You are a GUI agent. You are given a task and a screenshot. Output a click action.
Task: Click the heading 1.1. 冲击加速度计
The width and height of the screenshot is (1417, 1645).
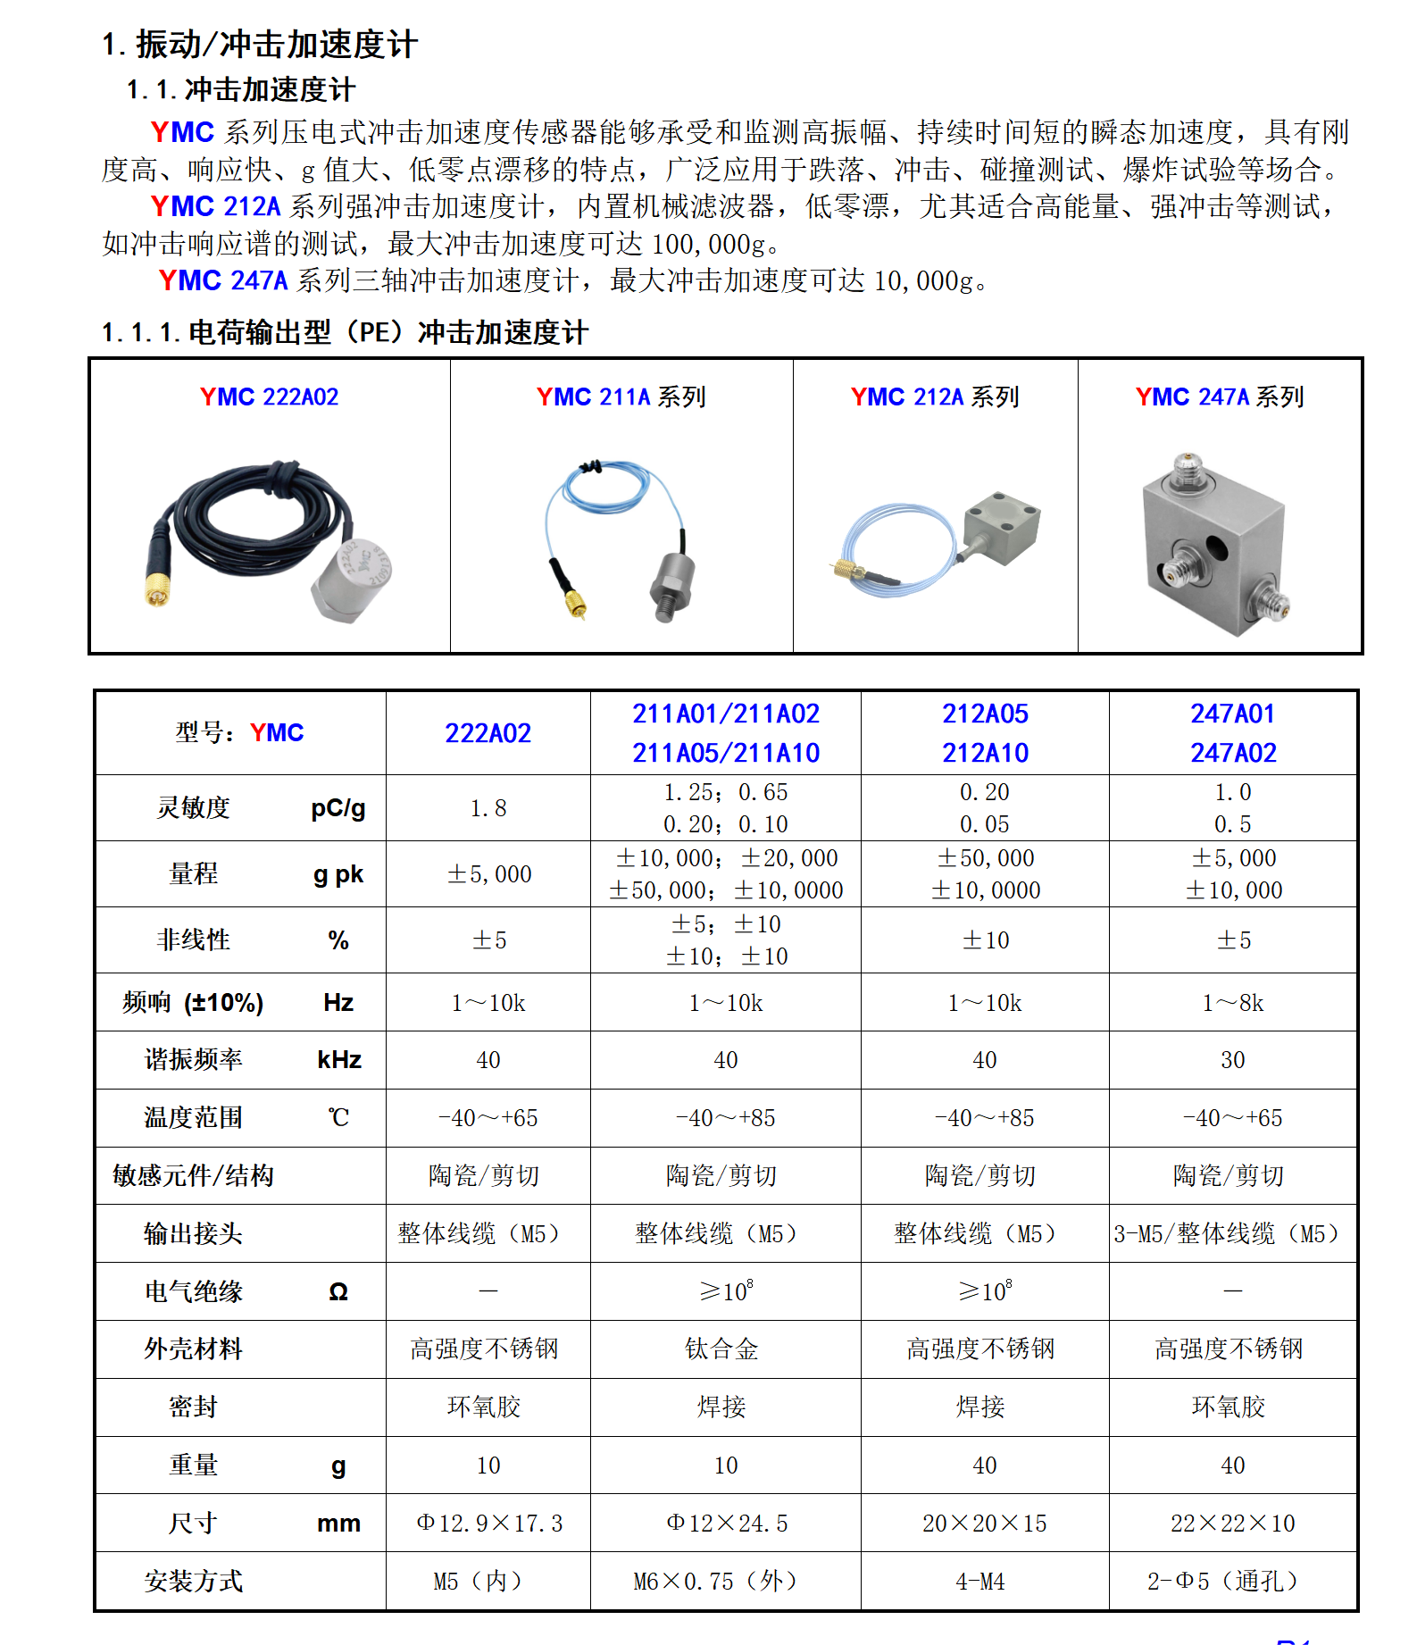(x=241, y=89)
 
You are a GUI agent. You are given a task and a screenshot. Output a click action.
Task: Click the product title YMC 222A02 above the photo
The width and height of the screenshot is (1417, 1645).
(x=269, y=397)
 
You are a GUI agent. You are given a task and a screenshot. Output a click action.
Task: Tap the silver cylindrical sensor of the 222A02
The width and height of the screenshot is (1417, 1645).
(x=351, y=580)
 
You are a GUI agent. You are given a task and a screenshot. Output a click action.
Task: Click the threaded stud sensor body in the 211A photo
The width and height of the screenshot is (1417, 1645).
(x=671, y=585)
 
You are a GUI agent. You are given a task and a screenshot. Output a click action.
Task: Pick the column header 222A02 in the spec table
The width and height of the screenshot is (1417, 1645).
(x=488, y=733)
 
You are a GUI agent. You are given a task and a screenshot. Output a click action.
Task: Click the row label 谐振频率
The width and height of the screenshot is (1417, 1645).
(x=193, y=1060)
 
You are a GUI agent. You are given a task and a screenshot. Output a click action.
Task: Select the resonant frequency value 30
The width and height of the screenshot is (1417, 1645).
(x=1232, y=1060)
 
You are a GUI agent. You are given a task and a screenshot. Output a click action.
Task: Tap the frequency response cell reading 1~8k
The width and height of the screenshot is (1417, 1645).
(x=1232, y=1003)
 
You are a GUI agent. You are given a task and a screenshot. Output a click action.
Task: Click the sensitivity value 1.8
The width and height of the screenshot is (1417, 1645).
(x=488, y=808)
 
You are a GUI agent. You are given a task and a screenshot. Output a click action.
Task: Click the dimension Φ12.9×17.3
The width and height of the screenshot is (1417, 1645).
(x=489, y=1524)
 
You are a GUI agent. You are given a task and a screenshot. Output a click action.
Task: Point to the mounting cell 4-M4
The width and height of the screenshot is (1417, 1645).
(x=980, y=1582)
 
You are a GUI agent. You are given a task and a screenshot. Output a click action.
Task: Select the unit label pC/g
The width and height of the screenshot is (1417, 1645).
(x=338, y=808)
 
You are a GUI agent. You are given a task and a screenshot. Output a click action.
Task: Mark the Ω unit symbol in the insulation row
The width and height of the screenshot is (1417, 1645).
(x=338, y=1291)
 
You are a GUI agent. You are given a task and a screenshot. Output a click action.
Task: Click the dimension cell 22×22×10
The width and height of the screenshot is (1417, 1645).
(x=1232, y=1524)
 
